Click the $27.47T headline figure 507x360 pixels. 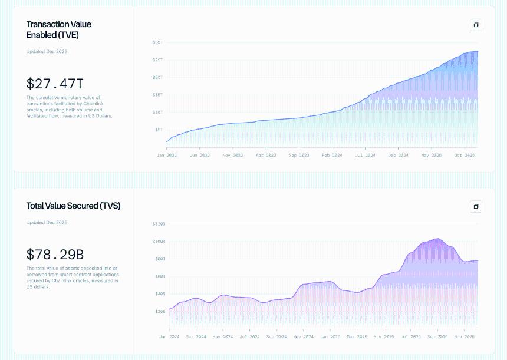click(55, 84)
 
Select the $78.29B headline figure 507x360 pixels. click(55, 255)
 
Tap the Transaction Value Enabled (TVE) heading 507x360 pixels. click(59, 29)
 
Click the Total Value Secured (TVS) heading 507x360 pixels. click(73, 206)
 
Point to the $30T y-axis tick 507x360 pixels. click(157, 42)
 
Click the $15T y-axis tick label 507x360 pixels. click(157, 94)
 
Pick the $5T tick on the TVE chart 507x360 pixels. click(159, 130)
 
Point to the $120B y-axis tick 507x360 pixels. click(159, 224)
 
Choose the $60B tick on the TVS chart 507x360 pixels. click(159, 276)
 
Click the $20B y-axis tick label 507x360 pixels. click(159, 311)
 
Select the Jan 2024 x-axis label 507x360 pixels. click(170, 337)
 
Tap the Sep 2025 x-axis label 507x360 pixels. click(437, 337)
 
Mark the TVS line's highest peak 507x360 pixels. click(437, 239)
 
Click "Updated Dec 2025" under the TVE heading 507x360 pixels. click(47, 52)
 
